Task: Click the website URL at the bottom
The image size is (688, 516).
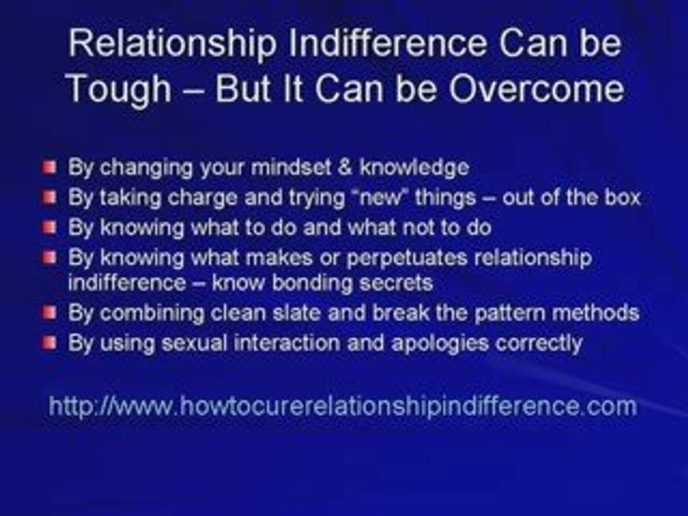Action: point(343,406)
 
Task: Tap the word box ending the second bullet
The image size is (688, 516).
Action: point(621,198)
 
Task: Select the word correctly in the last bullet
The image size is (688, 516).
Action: point(540,343)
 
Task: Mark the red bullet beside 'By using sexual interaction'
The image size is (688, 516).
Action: point(48,343)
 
